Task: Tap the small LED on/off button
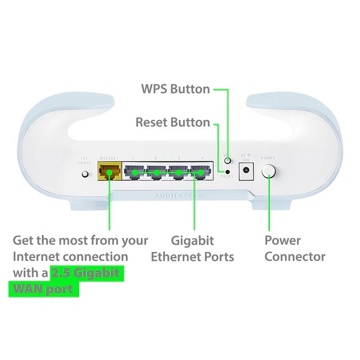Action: tap(85, 174)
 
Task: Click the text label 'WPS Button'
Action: tap(175, 89)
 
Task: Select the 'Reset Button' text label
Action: tap(173, 122)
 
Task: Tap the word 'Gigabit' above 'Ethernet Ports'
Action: tap(192, 241)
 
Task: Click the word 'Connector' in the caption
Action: tap(295, 257)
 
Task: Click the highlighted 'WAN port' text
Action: tap(44, 289)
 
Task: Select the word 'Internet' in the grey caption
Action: tap(40, 257)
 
